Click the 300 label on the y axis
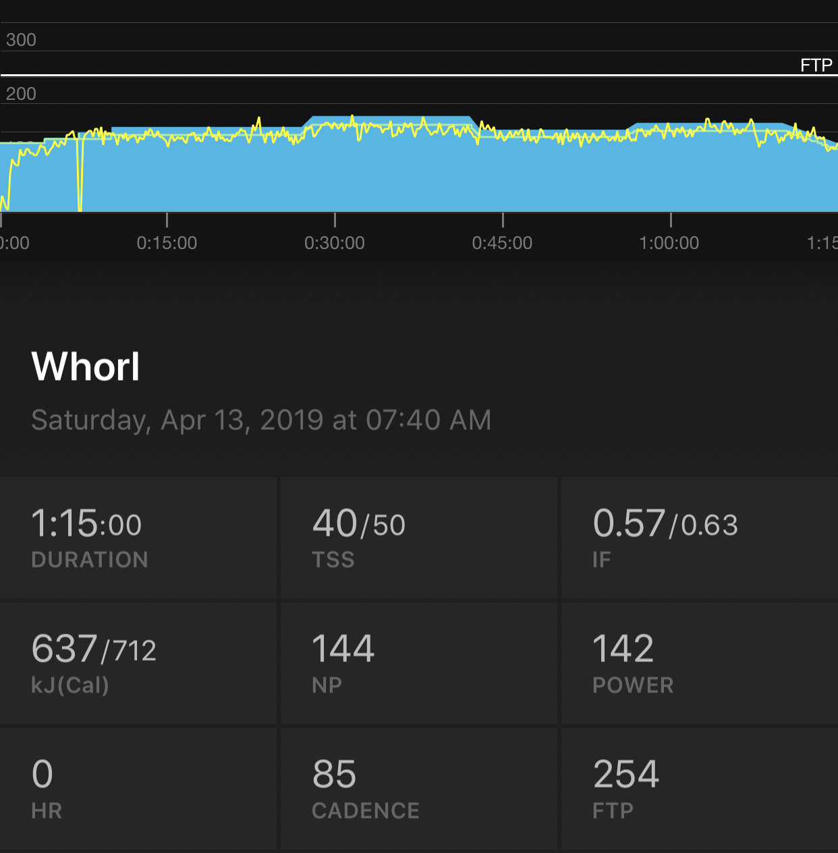21,40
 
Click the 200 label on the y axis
21,94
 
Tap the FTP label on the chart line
816,65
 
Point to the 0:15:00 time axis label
167,243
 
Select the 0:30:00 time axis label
335,243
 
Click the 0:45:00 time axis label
502,243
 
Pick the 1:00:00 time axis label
669,243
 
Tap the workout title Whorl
86,367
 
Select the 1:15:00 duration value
86,524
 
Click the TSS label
333,560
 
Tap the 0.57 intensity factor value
629,524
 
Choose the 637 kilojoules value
64,649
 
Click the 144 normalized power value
343,649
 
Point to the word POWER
633,686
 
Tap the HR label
47,811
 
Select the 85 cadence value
334,775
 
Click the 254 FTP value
625,775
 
